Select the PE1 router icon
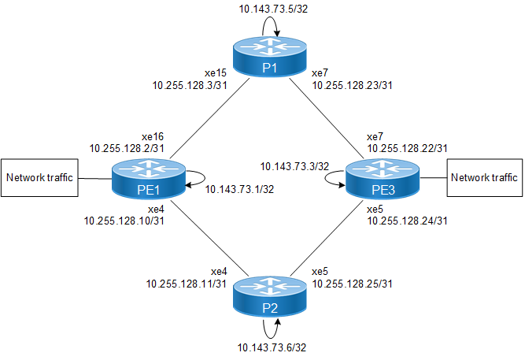(x=147, y=178)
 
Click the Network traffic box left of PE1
(x=40, y=178)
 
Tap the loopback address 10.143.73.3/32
(x=294, y=166)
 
